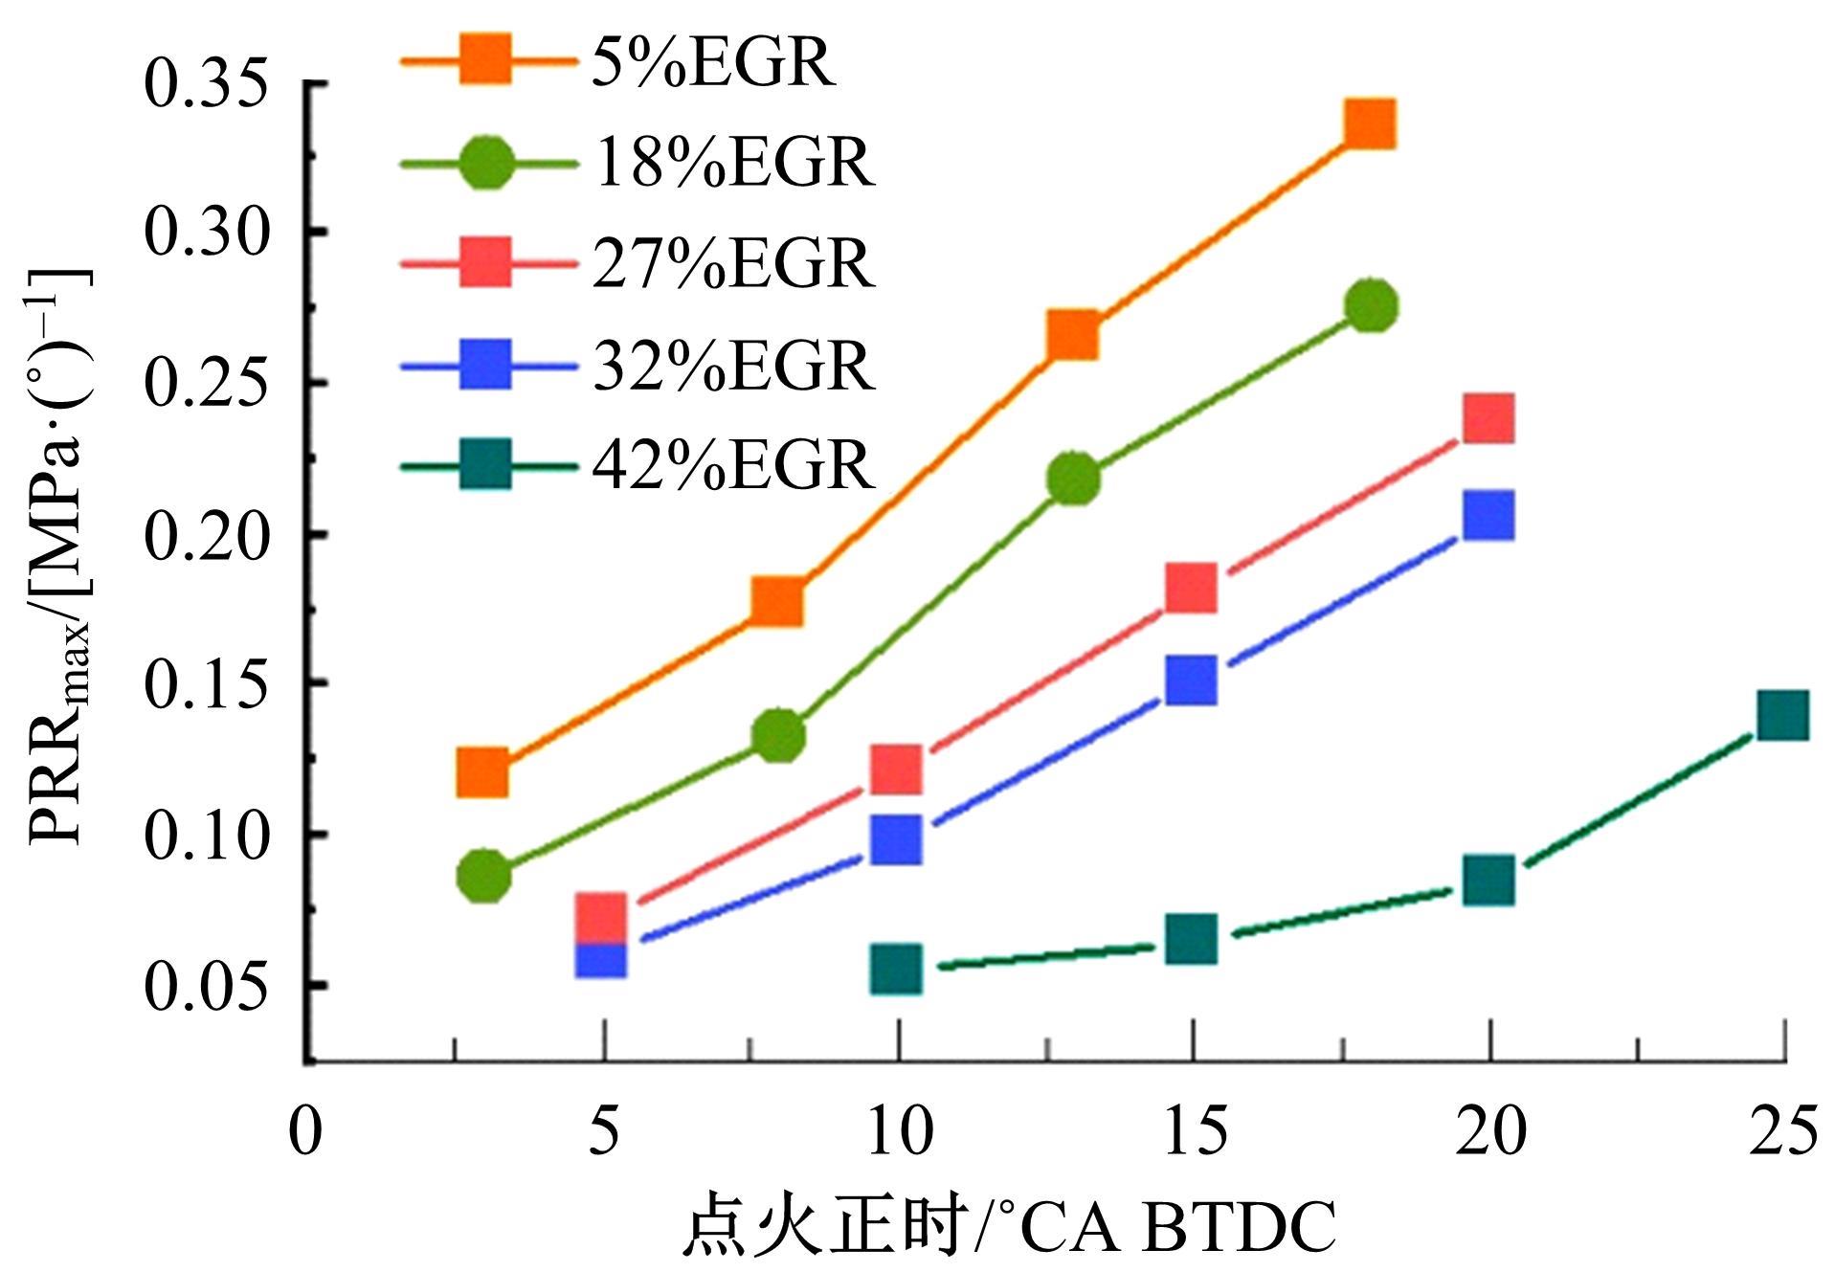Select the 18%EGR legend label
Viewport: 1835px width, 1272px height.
coord(733,164)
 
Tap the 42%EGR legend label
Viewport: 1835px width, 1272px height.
coord(733,466)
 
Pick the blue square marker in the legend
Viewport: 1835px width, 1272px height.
coord(485,364)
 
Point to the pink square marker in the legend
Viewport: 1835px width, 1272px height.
coord(485,262)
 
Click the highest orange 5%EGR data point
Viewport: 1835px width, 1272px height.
coord(1369,124)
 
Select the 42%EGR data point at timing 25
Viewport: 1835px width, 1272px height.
coord(1783,714)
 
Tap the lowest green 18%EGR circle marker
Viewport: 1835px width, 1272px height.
coord(484,875)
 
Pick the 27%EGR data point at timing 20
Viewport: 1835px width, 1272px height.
coord(1488,418)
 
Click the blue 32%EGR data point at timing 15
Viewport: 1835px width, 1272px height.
coord(1192,680)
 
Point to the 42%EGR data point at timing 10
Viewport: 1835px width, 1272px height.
coord(897,969)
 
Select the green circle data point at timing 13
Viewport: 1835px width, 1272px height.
coord(1074,477)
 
